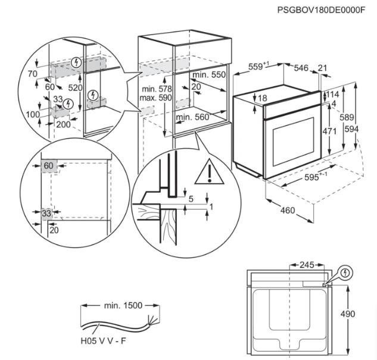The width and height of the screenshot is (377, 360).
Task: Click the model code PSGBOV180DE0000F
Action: pyautogui.click(x=321, y=10)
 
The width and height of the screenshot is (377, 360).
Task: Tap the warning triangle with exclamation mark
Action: pyautogui.click(x=209, y=173)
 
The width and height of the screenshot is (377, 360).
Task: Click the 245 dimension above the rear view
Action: pyautogui.click(x=307, y=264)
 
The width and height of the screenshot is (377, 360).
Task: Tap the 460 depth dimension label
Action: pyautogui.click(x=287, y=209)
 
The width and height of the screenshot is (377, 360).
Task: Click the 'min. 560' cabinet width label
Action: pyautogui.click(x=192, y=117)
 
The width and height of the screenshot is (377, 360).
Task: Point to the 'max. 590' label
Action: pyautogui.click(x=156, y=97)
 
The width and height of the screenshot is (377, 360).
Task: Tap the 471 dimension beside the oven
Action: pyautogui.click(x=338, y=130)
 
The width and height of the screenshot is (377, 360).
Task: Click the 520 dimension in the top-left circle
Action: pyautogui.click(x=74, y=87)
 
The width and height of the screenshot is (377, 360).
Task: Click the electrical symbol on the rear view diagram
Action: pyautogui.click(x=346, y=273)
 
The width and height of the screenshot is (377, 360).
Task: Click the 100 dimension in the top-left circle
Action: pyautogui.click(x=33, y=114)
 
